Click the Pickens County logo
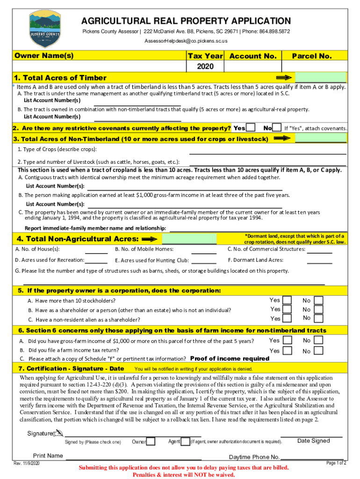coord(44,29)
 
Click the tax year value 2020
coord(205,66)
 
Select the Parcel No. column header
coord(312,56)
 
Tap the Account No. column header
coord(253,56)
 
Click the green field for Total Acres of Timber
coord(320,78)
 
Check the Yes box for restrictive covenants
coord(251,128)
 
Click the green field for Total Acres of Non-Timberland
coord(320,139)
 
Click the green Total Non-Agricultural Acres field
coord(189,239)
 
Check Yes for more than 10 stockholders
coord(288,300)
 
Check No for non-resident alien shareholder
coord(318,319)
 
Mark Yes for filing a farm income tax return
coord(288,350)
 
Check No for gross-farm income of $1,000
coord(318,341)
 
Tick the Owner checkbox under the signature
coord(151,442)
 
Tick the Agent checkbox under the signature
coord(186,442)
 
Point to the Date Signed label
coord(313,441)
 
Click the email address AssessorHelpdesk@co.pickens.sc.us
coord(186,41)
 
